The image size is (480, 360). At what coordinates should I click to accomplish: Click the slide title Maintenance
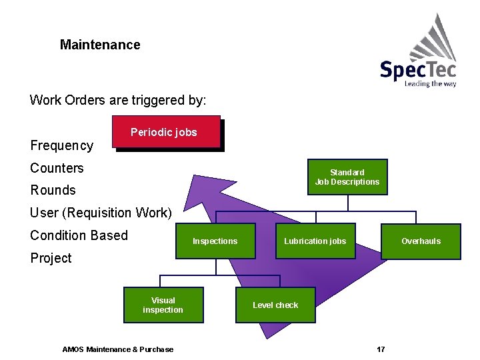(100, 45)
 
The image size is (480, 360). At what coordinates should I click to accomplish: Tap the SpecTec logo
(418, 60)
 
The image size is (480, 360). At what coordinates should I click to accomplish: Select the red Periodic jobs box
(165, 132)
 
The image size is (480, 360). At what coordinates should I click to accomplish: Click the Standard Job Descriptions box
(347, 177)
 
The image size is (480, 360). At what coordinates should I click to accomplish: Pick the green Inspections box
(215, 241)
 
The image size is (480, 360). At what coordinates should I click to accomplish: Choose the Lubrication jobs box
(315, 241)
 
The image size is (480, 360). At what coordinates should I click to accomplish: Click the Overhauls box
(421, 241)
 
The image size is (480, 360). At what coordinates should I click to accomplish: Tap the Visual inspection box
(163, 305)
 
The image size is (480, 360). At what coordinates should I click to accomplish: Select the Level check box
(275, 305)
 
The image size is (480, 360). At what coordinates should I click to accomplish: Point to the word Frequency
(62, 145)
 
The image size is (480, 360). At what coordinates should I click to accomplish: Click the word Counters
(57, 168)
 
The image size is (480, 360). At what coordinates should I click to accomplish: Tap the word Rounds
(53, 190)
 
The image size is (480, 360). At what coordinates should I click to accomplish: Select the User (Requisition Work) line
(101, 213)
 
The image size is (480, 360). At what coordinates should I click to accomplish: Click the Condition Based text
(79, 235)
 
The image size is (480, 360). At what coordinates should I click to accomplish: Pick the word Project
(51, 258)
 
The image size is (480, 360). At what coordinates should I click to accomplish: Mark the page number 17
(381, 349)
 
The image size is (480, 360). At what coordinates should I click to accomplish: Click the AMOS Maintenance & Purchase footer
(117, 349)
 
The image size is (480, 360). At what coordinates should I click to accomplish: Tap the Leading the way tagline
(431, 84)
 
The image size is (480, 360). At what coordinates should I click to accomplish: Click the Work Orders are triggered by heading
(118, 101)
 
